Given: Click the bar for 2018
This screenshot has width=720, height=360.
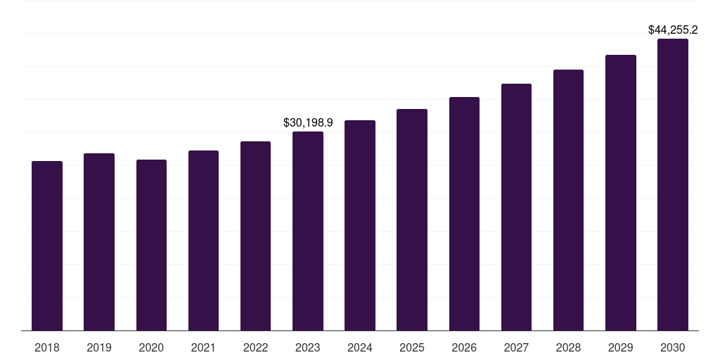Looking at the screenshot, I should coord(47,246).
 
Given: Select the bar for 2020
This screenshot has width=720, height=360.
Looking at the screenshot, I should coord(151,245).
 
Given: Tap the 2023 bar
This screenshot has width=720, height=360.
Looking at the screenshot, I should coord(308,231).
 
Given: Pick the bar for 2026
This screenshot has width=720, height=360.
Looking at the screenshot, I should coord(464,214).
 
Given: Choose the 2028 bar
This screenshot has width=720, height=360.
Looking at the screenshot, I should coord(568,200).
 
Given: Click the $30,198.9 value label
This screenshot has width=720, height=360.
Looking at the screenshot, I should coord(308,122).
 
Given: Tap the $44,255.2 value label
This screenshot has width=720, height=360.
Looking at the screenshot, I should coord(673,30).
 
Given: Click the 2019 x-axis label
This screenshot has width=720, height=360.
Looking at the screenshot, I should coord(99,347).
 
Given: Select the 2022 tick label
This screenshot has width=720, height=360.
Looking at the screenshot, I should coord(256,347).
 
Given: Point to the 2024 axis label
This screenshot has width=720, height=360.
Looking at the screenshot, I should coord(360,347).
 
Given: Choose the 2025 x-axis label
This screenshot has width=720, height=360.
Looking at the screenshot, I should coord(412,347).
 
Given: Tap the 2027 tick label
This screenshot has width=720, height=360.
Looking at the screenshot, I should coord(516,347).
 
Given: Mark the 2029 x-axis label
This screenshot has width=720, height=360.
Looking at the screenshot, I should coord(621,347).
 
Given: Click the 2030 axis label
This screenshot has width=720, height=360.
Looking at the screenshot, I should coord(673,347).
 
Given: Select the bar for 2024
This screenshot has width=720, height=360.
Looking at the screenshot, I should coord(360,226).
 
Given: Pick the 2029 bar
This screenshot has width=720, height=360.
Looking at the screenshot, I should coord(621,193).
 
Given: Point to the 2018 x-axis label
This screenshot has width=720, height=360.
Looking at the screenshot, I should coord(47,347).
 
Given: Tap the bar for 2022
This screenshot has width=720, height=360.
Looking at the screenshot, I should coord(256,236).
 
